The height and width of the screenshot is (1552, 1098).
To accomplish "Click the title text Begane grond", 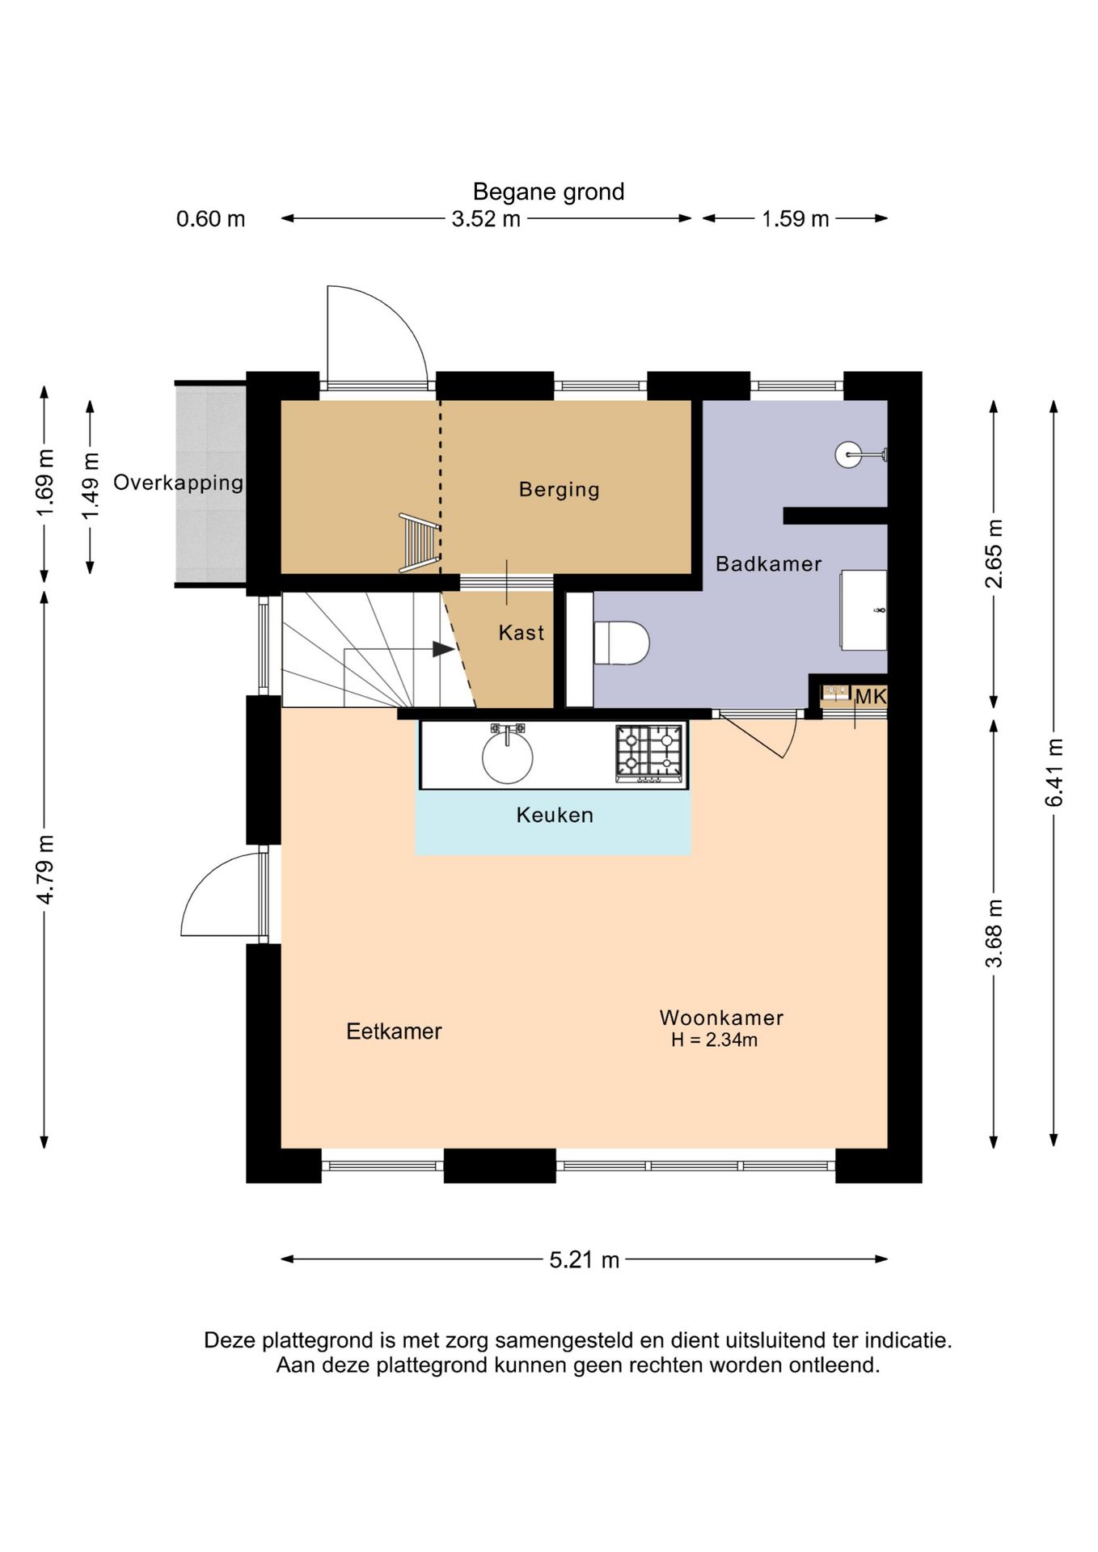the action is [548, 192].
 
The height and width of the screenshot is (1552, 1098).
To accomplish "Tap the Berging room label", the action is [560, 490].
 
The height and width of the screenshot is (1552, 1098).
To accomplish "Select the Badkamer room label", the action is [768, 563].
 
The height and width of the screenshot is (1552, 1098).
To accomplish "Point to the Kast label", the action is [522, 632].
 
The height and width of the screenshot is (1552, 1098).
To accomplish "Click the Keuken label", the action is [555, 815].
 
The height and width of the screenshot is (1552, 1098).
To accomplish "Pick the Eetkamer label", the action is [394, 1031].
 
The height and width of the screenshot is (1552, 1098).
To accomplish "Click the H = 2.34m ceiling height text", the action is [714, 1040].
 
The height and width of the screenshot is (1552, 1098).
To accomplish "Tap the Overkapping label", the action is [178, 483].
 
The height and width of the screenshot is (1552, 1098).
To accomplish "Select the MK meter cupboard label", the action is [871, 696].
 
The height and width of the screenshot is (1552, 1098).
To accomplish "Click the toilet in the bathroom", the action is [621, 643].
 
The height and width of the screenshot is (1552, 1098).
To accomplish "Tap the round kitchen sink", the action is [508, 757].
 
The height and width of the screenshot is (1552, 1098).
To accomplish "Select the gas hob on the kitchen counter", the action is [649, 753].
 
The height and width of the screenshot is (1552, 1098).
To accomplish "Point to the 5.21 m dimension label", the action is [585, 1259].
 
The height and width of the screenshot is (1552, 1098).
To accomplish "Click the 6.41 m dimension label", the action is [1054, 772].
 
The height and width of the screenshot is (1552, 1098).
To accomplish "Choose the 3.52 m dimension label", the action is [486, 218].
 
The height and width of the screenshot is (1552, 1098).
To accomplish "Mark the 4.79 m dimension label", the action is [44, 869].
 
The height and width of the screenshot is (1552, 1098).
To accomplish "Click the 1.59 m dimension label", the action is [796, 218].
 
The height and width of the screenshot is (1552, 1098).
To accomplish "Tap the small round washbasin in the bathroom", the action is [848, 454].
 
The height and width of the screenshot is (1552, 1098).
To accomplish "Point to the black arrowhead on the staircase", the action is [443, 649].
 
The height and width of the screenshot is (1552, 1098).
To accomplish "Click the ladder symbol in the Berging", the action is [420, 542].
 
